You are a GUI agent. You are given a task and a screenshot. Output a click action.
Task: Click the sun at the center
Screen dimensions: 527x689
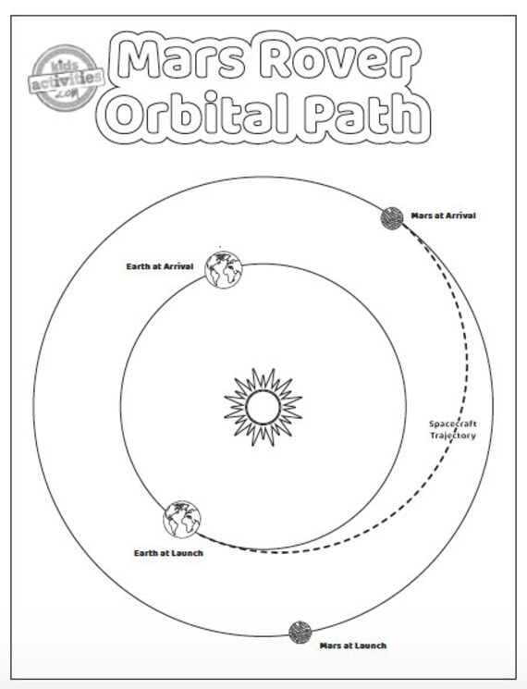[x=263, y=407]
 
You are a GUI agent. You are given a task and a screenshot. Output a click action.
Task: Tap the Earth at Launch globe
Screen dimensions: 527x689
[x=182, y=519]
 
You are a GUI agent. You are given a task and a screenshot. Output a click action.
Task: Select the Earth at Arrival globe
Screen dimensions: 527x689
[x=224, y=269]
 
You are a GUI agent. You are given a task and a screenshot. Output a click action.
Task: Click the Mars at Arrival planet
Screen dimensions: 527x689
[x=392, y=218]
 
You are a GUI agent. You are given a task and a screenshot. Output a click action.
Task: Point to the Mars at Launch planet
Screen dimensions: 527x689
[x=300, y=633]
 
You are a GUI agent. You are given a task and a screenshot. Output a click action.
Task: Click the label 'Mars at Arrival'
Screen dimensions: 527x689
[x=443, y=215]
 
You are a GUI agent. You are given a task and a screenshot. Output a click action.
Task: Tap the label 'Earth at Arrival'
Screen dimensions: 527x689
[x=160, y=266]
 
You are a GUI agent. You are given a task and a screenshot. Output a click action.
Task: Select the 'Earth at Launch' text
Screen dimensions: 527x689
[x=168, y=553]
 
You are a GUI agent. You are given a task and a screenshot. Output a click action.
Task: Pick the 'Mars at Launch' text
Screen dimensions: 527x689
[x=353, y=646]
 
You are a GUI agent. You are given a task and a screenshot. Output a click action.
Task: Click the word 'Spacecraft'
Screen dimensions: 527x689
[x=453, y=424]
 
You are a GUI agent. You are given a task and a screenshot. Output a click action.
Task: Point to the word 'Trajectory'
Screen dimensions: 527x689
[x=453, y=436]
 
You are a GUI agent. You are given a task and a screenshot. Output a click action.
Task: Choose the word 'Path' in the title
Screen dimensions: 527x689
[x=364, y=114]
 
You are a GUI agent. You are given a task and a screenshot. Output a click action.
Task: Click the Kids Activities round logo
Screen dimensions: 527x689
[x=66, y=78]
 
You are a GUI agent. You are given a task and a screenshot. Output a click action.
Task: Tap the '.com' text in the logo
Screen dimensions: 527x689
[x=67, y=93]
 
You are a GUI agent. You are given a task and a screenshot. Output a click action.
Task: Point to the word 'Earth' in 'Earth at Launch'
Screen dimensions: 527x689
[x=145, y=553]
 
